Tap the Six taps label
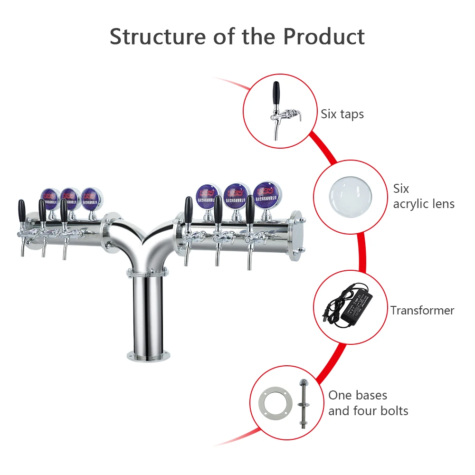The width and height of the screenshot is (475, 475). (x=342, y=114)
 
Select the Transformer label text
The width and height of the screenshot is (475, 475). (x=422, y=311)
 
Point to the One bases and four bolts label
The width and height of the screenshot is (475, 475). (x=368, y=403)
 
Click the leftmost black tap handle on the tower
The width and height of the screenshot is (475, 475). (x=21, y=209)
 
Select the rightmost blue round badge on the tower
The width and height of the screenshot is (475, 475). (x=265, y=194)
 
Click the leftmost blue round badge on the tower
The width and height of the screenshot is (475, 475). (x=49, y=197)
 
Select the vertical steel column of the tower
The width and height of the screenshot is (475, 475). (x=147, y=313)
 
